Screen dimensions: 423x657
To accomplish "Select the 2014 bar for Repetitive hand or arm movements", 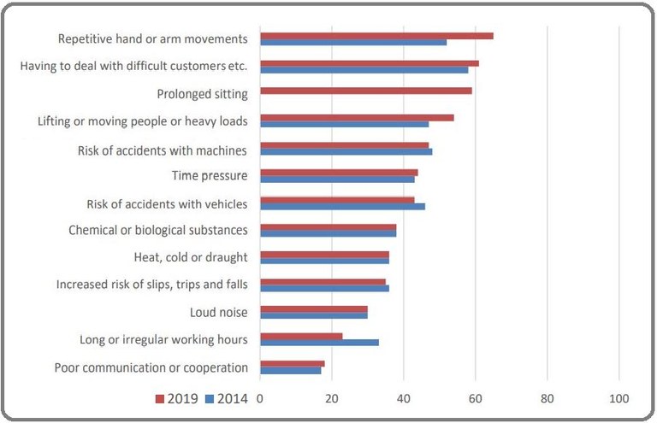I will click(353, 42).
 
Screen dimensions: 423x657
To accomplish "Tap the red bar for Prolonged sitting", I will click(366, 90).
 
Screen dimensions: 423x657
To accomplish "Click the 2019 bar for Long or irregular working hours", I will click(301, 336).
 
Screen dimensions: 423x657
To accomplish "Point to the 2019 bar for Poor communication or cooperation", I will click(293, 363).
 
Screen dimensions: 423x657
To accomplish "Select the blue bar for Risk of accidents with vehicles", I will click(342, 206).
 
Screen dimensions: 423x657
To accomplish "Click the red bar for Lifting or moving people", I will click(357, 117).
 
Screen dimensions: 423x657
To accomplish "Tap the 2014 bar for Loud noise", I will click(314, 314).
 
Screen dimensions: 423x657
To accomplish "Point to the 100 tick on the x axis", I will click(619, 399).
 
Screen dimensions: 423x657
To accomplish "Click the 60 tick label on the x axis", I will click(476, 399).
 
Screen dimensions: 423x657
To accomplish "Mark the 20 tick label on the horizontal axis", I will click(332, 399).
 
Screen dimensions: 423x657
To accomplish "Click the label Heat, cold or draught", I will click(191, 257).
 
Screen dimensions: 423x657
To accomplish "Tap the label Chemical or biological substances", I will click(158, 230).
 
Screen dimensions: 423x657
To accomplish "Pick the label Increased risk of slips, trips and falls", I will click(151, 285).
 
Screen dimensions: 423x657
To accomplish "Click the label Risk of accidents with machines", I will click(163, 150).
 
